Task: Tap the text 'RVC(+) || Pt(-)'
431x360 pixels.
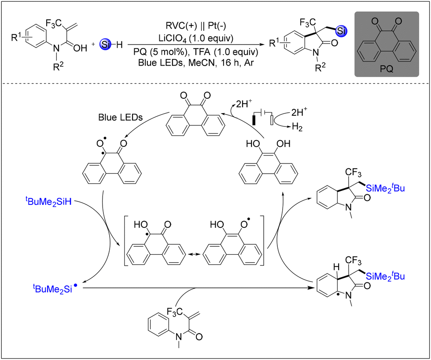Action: (196, 26)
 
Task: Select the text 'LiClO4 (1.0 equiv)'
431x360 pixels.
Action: (196, 38)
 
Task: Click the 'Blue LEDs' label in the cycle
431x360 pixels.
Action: (120, 118)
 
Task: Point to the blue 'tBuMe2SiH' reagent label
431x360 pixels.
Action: (49, 201)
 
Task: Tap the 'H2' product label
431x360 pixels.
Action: (297, 127)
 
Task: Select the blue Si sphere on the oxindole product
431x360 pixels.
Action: (341, 31)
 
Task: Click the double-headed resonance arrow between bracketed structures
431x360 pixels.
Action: (192, 254)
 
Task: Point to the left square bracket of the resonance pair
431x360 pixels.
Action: (126, 241)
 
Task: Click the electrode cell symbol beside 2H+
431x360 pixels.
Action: (263, 118)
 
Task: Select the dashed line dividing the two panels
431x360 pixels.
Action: (216, 83)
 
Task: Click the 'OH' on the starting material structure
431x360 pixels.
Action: (80, 48)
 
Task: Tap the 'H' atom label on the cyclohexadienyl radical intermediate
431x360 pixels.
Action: (336, 267)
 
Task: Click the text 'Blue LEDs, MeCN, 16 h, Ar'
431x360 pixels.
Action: (196, 63)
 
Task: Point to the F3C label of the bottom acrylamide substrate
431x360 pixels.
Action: (174, 312)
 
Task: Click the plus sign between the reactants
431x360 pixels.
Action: (93, 44)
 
